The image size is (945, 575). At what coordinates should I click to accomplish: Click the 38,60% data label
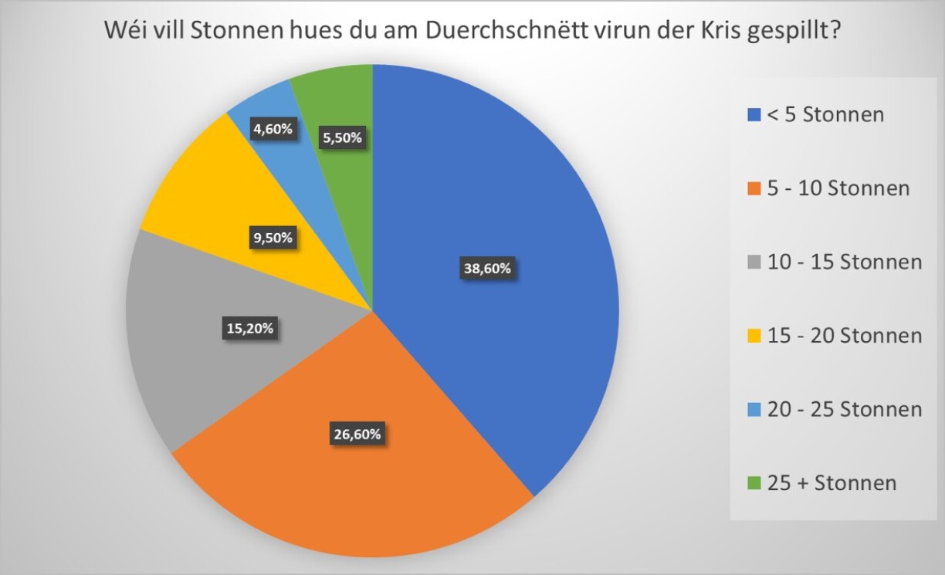[487, 269]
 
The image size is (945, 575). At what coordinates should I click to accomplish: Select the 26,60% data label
[357, 434]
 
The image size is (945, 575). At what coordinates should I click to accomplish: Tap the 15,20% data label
[248, 329]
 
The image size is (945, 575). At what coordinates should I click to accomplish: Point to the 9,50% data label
[273, 238]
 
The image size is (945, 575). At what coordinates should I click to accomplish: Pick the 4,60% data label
[273, 129]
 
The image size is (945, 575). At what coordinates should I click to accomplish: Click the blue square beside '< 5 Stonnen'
[754, 116]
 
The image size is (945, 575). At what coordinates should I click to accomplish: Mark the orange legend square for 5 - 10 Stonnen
[754, 189]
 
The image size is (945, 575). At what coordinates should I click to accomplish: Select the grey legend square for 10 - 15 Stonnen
[754, 263]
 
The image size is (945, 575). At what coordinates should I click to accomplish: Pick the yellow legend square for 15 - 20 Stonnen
[754, 337]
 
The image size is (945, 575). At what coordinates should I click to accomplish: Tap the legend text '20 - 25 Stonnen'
[845, 409]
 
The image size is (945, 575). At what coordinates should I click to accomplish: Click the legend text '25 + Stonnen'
[832, 483]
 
